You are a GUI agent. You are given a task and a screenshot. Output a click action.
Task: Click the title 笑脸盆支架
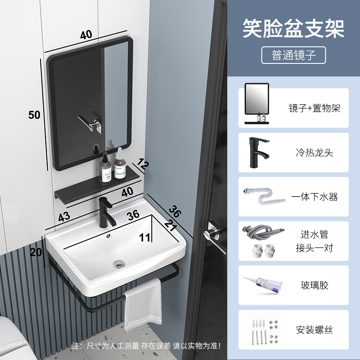click(293, 28)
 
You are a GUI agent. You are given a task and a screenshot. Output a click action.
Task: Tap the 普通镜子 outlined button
click(293, 55)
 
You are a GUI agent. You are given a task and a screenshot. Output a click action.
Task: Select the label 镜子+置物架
click(314, 108)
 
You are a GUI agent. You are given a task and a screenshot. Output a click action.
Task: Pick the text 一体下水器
click(314, 197)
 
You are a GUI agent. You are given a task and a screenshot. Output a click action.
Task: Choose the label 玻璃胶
click(314, 285)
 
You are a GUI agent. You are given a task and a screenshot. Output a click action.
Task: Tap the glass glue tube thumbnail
click(263, 285)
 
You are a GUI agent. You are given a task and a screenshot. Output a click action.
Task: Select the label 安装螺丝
click(314, 330)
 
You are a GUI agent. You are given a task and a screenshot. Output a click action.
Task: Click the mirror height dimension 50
click(34, 115)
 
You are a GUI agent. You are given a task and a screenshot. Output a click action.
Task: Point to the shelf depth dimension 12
click(143, 165)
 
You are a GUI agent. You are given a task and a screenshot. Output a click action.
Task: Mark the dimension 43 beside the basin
click(64, 216)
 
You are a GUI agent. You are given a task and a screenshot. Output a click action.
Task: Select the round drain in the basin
click(119, 262)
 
